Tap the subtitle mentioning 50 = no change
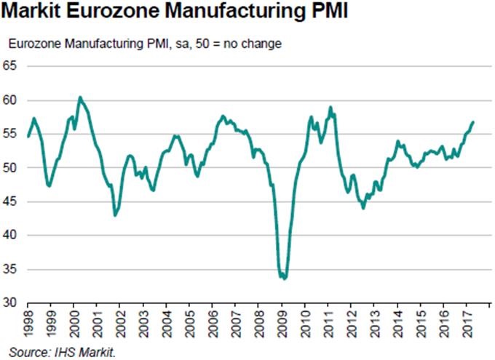point(145,44)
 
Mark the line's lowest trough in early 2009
point(284,278)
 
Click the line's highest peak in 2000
point(80,97)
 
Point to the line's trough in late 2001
point(115,215)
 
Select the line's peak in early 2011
point(330,108)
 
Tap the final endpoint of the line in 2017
point(473,121)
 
